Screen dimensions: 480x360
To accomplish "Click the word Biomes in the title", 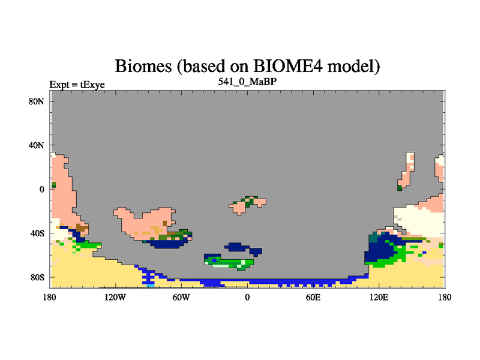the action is [x=143, y=66].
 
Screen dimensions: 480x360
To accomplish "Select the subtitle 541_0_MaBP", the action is [x=247, y=82].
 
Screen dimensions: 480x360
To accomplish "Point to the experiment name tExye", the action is [x=92, y=85].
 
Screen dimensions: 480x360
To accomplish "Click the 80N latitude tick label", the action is [x=37, y=101].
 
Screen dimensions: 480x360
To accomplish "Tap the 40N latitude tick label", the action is [x=37, y=145].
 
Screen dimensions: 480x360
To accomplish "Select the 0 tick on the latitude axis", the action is [x=41, y=190].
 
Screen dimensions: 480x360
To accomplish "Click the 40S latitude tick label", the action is [x=37, y=233].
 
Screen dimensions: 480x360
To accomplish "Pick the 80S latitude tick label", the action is [x=37, y=277].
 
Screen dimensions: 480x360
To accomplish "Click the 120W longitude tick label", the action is [x=115, y=297].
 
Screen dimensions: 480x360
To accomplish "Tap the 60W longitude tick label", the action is [x=181, y=297].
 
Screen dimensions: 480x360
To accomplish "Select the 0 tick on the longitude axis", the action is [x=247, y=297].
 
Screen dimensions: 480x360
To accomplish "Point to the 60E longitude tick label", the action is [x=313, y=297].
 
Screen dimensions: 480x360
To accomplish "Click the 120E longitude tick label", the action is [x=379, y=297].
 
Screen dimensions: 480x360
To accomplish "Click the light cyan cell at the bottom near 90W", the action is [x=151, y=286].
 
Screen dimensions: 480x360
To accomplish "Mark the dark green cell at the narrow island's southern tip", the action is [x=400, y=188].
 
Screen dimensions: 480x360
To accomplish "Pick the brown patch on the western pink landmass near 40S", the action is [x=82, y=228].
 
